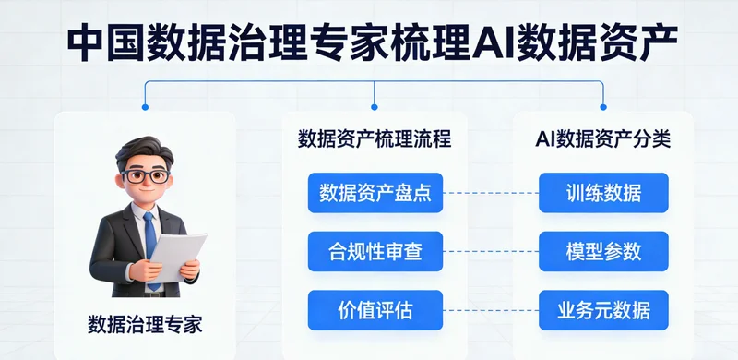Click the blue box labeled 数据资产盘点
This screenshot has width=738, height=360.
[375, 193]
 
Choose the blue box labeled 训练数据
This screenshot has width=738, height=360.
[603, 193]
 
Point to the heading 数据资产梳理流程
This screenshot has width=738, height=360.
[375, 140]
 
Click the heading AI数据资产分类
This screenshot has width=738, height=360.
[603, 140]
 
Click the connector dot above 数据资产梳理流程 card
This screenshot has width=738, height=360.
[375, 107]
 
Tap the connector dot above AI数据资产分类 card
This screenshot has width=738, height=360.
[603, 107]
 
